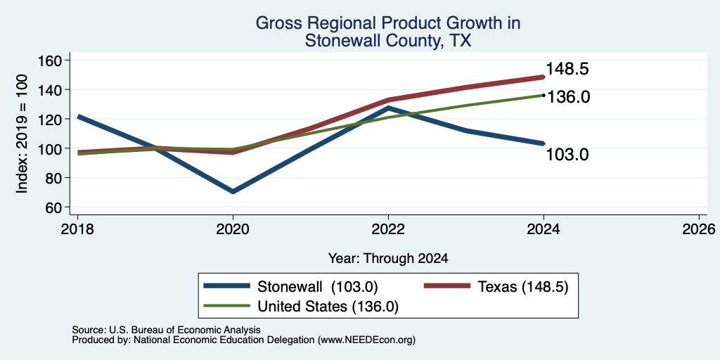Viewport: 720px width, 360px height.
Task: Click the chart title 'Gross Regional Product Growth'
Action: (x=387, y=23)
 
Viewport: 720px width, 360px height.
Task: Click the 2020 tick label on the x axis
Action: (x=233, y=229)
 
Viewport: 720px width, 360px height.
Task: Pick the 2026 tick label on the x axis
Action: (x=699, y=229)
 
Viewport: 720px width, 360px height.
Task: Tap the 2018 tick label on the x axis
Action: (x=77, y=229)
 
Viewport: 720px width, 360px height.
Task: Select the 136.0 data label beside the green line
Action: (x=568, y=97)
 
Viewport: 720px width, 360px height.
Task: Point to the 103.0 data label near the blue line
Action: (x=567, y=155)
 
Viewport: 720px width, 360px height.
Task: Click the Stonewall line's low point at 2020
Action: (x=233, y=191)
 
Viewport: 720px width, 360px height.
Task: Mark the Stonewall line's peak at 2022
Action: (x=388, y=108)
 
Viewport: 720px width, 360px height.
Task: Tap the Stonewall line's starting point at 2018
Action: (x=78, y=117)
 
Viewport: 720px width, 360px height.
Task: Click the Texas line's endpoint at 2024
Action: (x=544, y=77)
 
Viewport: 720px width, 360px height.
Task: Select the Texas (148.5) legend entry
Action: (x=496, y=287)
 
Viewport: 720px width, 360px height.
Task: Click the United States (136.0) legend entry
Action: (x=301, y=306)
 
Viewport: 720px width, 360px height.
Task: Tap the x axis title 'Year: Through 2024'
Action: (x=388, y=259)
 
